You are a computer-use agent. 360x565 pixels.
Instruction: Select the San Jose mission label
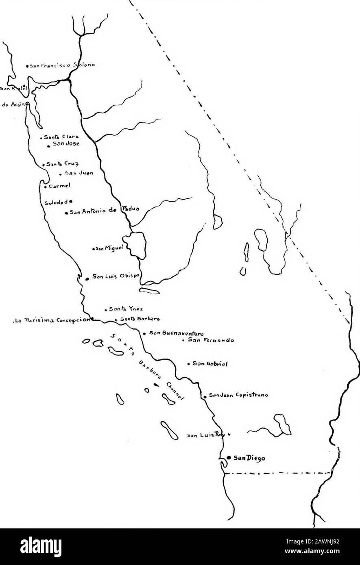point(65,144)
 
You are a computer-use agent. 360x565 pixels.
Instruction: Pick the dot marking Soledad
point(71,201)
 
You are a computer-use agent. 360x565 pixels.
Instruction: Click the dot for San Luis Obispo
point(87,278)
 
